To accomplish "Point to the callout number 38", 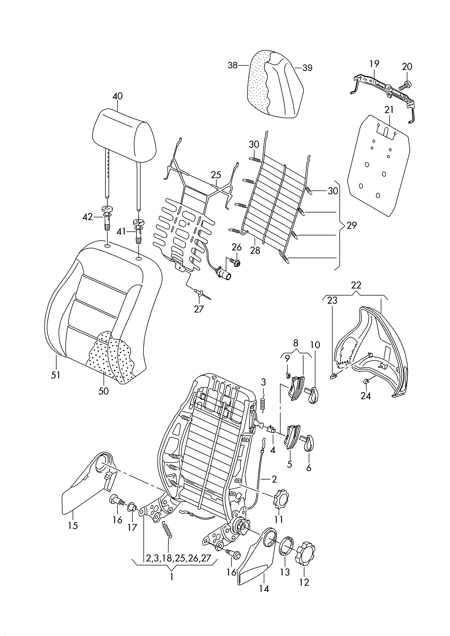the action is tap(233, 65).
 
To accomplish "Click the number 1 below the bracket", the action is tap(172, 577).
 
